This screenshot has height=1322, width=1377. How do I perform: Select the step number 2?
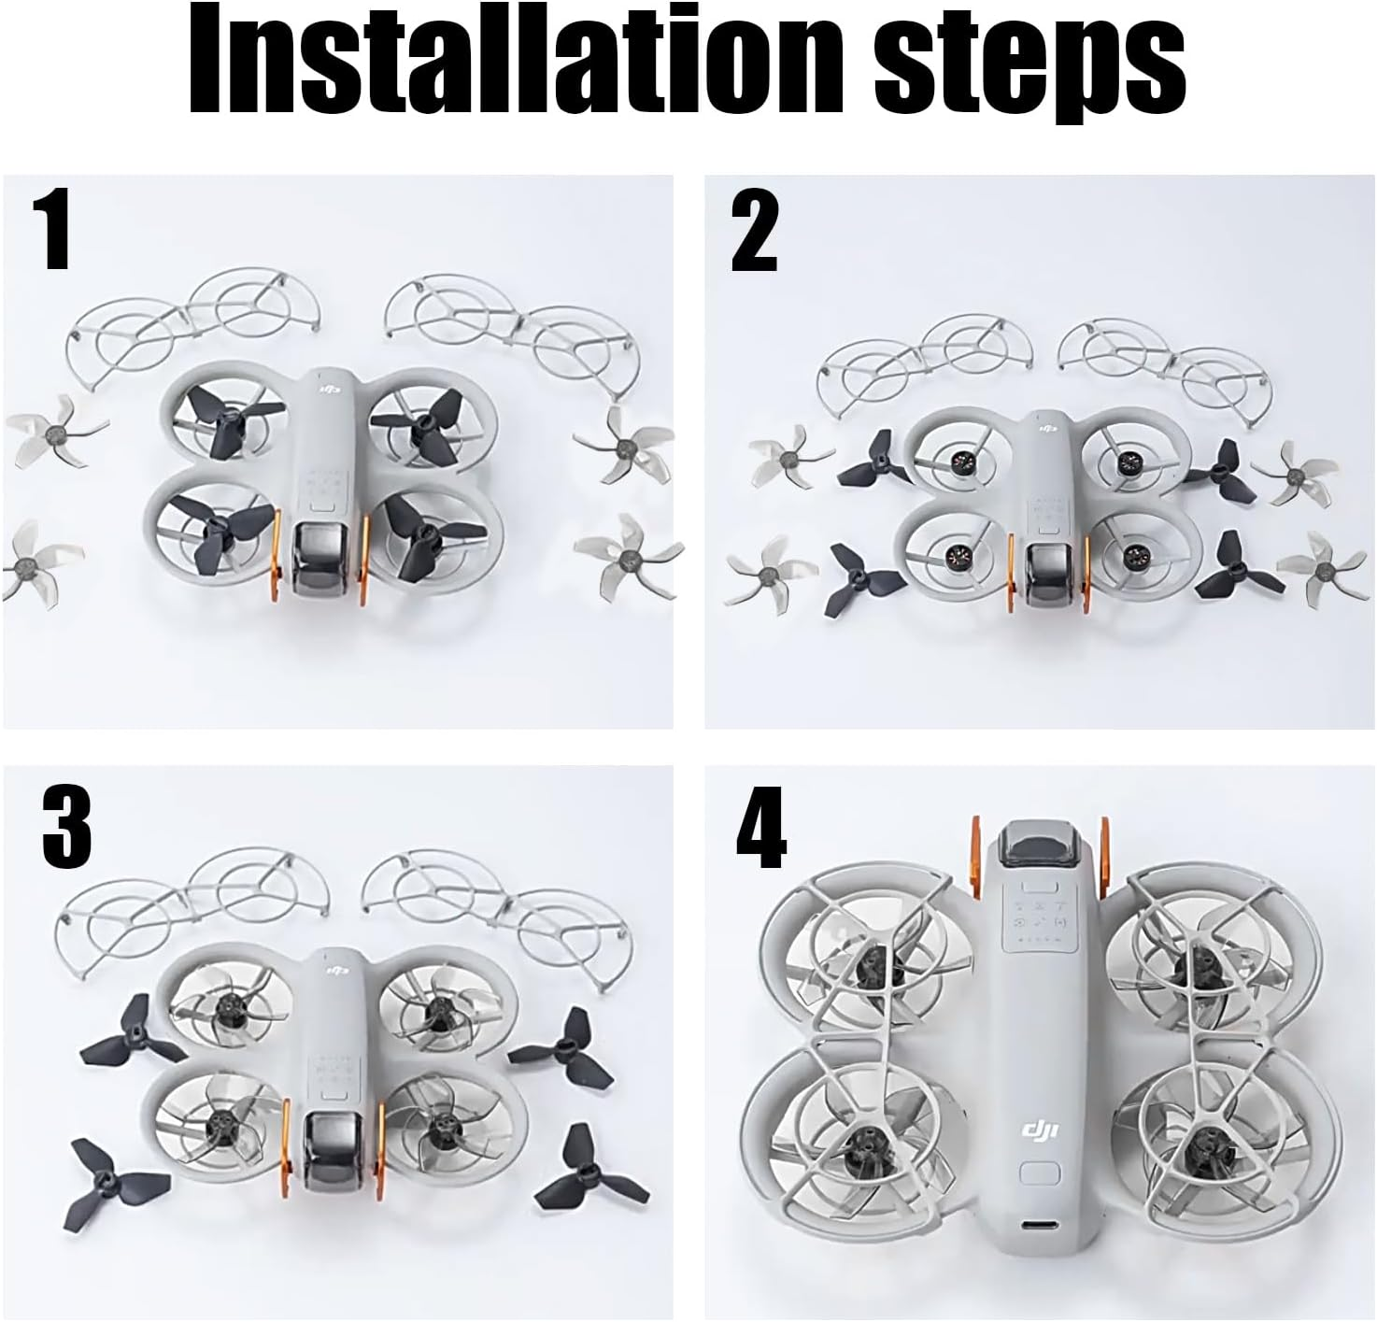(x=754, y=230)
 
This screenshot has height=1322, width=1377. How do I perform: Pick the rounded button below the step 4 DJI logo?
(x=1040, y=1175)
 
